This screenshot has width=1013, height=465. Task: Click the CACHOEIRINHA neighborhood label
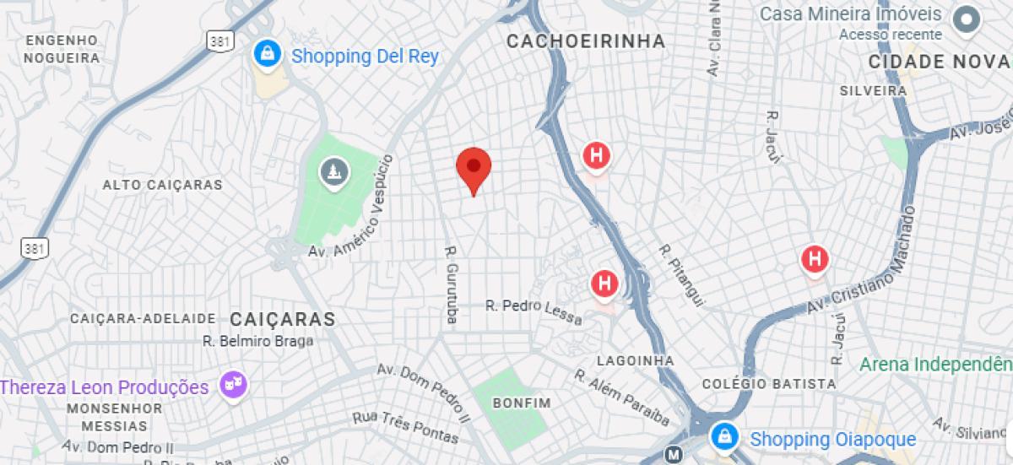[585, 41]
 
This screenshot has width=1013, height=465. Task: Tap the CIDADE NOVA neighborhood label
[940, 62]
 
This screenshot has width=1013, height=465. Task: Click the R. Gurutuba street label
[451, 284]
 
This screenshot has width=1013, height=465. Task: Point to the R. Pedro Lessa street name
[534, 311]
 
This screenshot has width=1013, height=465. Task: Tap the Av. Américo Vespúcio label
[354, 206]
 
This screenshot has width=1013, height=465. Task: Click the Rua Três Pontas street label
[405, 426]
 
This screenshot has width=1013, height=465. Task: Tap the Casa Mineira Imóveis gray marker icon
[964, 18]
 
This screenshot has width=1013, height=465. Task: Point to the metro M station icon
[673, 454]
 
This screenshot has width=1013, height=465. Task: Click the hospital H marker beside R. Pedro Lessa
[604, 284]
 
